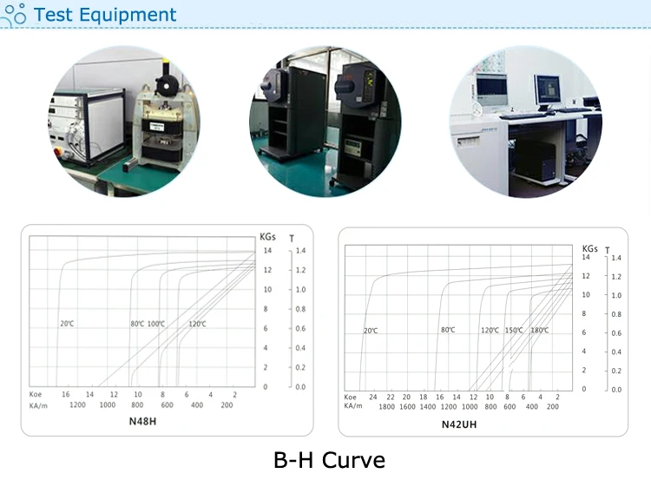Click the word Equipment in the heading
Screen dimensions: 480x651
coord(128,15)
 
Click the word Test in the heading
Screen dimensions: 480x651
coord(55,15)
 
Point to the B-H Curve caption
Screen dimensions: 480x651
coord(329,458)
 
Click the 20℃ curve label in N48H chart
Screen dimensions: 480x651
coord(67,324)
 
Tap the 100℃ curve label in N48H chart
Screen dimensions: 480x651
coord(156,324)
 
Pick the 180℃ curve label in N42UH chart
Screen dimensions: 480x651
coord(540,330)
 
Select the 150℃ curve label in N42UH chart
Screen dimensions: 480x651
coord(514,330)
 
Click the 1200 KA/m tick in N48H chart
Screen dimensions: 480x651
coord(78,405)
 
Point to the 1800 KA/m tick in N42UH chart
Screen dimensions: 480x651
coord(386,406)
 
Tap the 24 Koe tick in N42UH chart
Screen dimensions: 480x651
coord(373,397)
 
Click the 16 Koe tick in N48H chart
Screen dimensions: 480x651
coord(66,395)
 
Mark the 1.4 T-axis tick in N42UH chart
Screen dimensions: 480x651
coord(616,258)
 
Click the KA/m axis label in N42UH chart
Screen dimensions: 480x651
coord(352,406)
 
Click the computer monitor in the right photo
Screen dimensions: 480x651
coord(548,90)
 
